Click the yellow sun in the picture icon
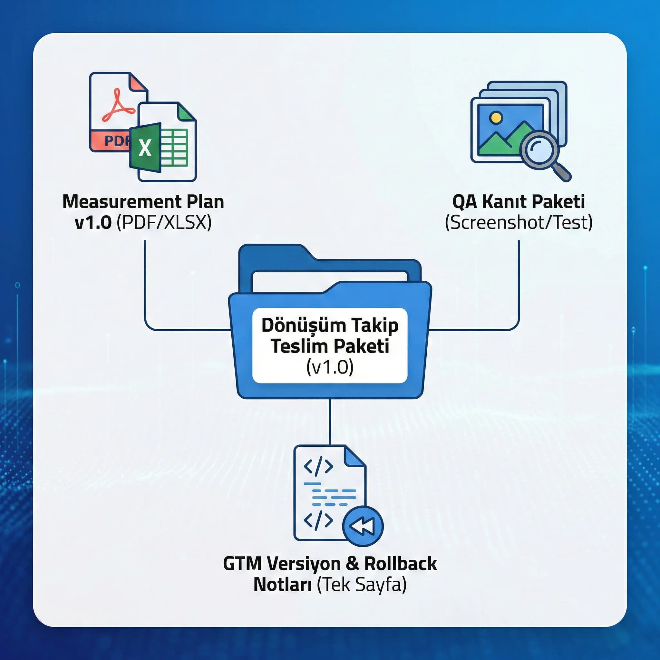tap(496, 118)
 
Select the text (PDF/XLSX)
tap(164, 223)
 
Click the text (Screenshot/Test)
tap(519, 223)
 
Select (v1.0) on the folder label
tap(330, 367)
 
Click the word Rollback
tap(400, 564)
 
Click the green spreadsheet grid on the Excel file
tap(174, 148)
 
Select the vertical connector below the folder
tap(330, 422)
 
